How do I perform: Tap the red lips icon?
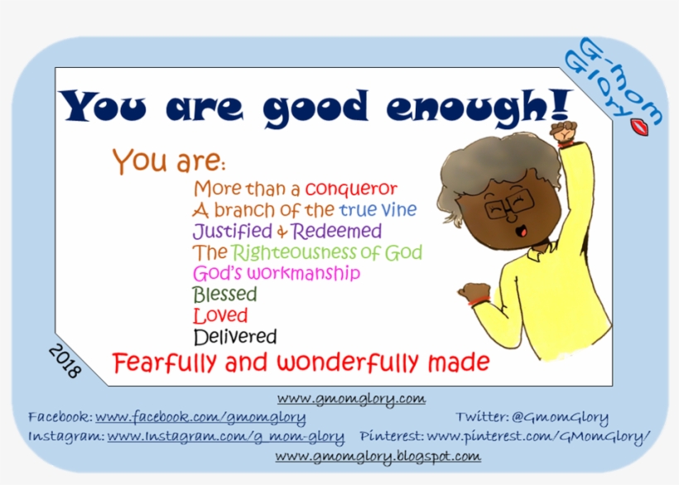point(639,127)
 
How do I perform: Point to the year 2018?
point(65,361)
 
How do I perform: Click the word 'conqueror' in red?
point(351,189)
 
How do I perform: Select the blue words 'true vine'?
point(378,210)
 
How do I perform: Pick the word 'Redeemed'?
point(336,231)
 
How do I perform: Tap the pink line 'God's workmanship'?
point(277,273)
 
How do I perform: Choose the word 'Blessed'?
point(224,294)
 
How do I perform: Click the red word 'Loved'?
point(220,315)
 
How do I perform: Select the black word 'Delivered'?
point(234,337)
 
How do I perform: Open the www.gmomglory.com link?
point(351,398)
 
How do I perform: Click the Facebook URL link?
point(200,417)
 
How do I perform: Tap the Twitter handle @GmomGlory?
point(560,417)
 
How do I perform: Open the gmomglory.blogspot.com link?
point(378,456)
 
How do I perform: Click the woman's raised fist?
point(563,132)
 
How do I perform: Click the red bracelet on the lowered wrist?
point(479,301)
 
